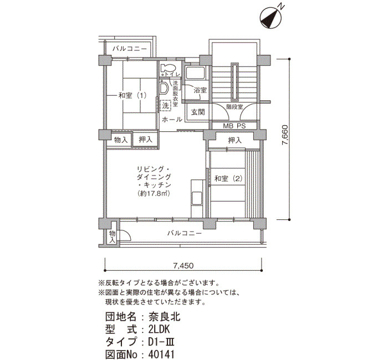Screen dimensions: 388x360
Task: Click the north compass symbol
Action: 270,18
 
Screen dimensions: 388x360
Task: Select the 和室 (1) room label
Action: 132,95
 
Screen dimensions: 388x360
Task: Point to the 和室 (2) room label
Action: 228,178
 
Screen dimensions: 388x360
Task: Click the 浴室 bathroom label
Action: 200,90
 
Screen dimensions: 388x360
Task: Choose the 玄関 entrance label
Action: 198,112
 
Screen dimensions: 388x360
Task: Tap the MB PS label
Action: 234,126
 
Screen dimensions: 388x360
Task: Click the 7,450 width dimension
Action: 183,266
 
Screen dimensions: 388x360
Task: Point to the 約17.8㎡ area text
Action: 154,193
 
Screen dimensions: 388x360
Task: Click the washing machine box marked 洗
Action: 166,106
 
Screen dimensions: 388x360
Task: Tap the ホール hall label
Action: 172,120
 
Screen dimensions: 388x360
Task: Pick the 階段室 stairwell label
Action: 234,107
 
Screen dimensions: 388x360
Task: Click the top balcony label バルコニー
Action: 130,49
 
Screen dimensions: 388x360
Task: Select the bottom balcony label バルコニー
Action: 185,233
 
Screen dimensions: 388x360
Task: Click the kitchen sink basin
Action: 197,198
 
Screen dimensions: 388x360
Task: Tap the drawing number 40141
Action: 162,354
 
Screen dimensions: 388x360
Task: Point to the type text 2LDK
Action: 159,330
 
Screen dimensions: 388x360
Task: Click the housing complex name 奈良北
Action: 164,317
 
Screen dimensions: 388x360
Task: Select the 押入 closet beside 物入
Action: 145,140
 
